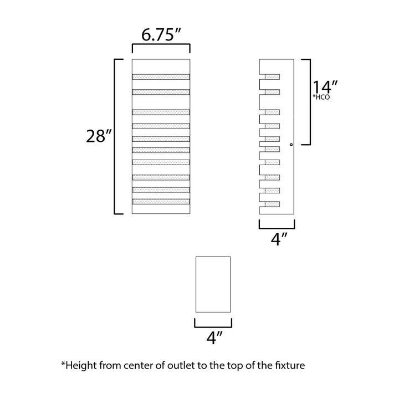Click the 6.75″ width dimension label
click(161, 34)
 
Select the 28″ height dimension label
click(99, 136)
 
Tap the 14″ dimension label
click(325, 88)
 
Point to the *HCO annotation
click(321, 97)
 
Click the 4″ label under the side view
click(279, 239)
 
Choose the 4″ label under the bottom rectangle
click(214, 337)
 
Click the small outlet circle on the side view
click(291, 145)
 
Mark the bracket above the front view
click(161, 45)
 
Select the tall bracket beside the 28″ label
click(115, 136)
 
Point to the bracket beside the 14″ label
click(310, 102)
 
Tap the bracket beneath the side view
click(277, 228)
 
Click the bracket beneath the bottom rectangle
click(213, 327)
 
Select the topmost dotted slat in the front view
click(161, 76)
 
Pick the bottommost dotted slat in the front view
click(161, 202)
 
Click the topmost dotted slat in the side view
click(272, 76)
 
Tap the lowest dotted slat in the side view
click(272, 204)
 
